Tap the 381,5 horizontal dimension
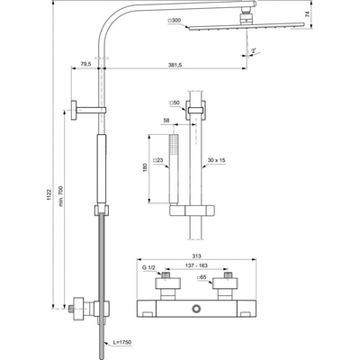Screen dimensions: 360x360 coord(187,64)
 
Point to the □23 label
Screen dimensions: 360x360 coord(157,160)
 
